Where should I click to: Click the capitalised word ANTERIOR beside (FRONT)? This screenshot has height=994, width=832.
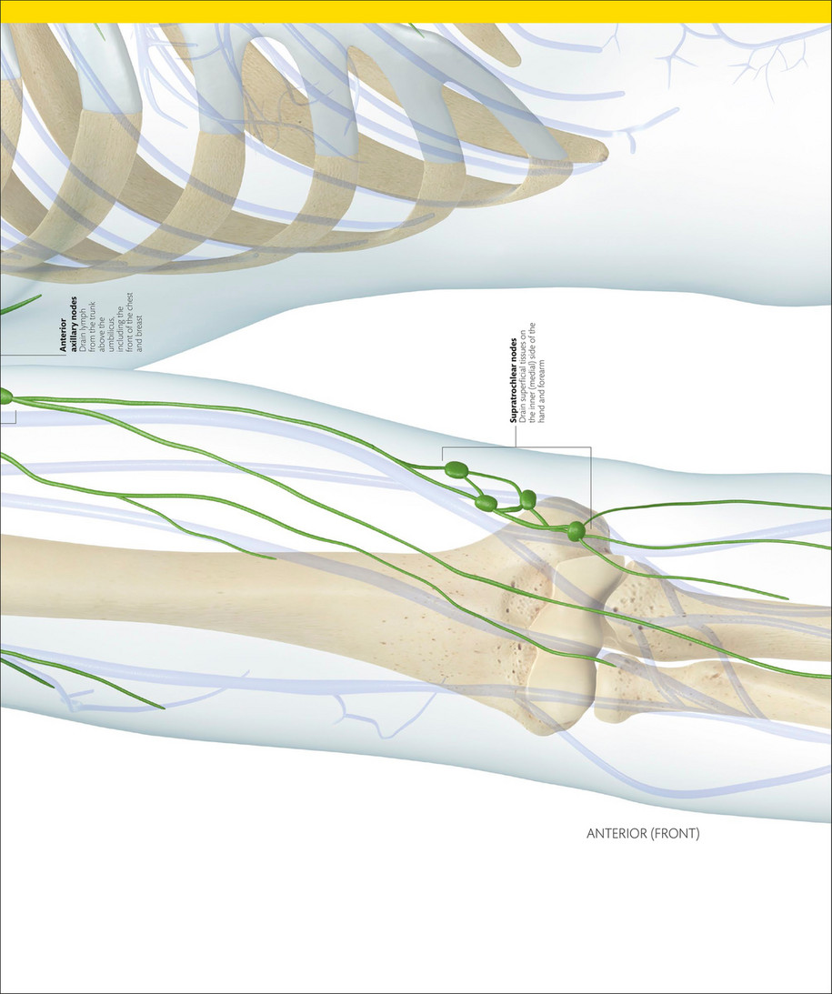point(615,832)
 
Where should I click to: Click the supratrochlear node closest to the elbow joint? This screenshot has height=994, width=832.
point(576,532)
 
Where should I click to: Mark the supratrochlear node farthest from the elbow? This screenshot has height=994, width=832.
point(456,470)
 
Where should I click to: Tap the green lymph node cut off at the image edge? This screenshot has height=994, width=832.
point(5,397)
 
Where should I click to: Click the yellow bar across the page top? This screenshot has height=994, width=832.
point(416,11)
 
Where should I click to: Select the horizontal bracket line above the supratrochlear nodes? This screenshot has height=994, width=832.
point(516,447)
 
